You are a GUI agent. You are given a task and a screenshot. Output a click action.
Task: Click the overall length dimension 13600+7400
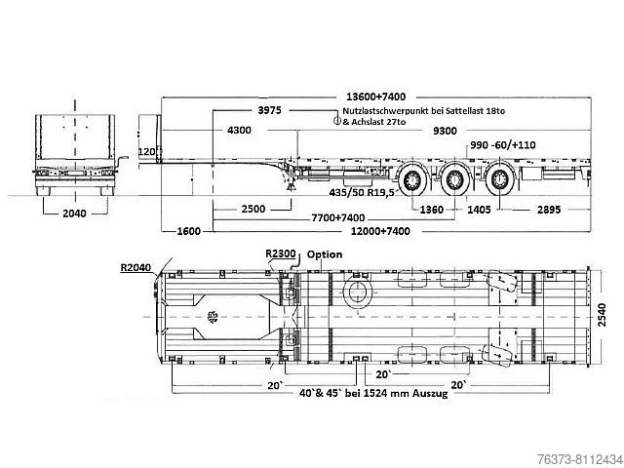(376, 97)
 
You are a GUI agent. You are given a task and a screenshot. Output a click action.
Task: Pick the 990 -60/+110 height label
(505, 145)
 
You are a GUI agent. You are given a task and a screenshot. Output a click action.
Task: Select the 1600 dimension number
(189, 233)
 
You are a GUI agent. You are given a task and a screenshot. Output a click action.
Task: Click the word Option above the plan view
(326, 254)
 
